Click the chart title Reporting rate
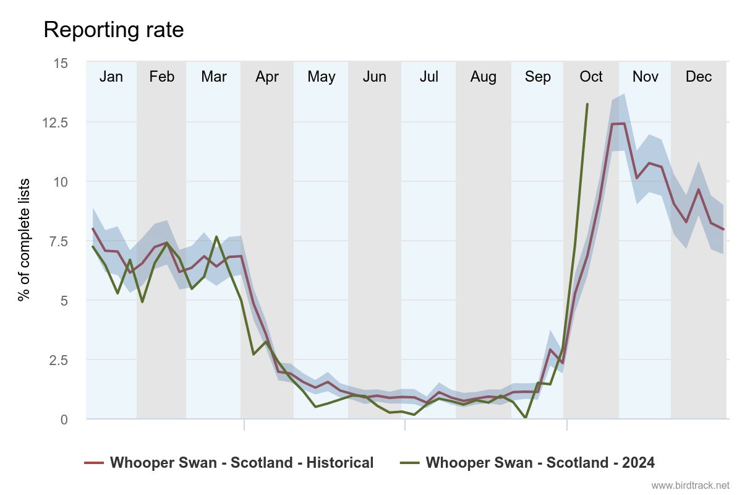coord(114,30)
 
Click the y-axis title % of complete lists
coord(24,240)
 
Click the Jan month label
coord(111,77)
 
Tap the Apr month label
coord(267,77)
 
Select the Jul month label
coord(429,77)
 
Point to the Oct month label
coord(591,77)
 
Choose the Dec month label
coord(699,77)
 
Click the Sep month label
coord(537,77)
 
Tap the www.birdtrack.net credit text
coord(690,485)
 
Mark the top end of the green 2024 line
coord(587,104)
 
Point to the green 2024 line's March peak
coord(216,236)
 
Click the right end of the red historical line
coord(723,230)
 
